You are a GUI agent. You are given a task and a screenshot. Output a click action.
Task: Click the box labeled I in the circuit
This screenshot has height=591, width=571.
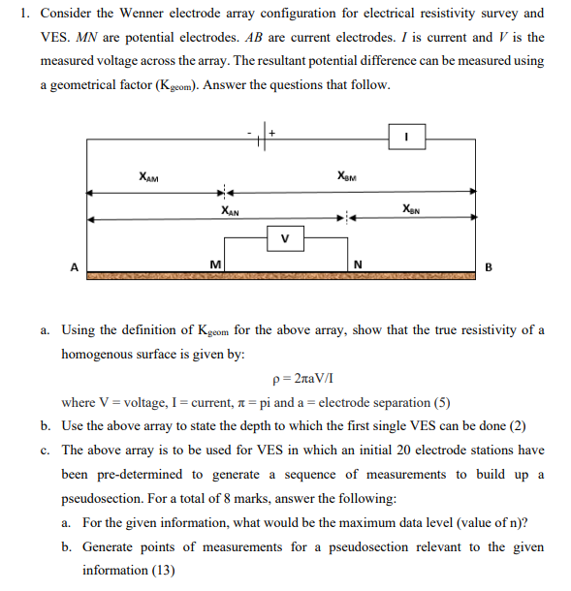[x=408, y=138]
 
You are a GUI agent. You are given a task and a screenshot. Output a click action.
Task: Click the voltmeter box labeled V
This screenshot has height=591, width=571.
[x=284, y=235]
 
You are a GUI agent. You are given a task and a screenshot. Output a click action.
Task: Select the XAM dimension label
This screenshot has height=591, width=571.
[x=149, y=177]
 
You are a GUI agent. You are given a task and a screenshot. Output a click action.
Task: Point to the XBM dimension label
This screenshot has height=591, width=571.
[x=347, y=176]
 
